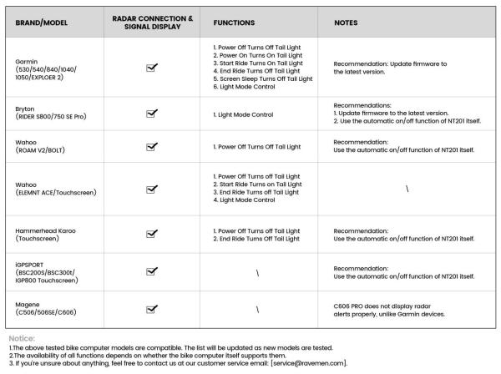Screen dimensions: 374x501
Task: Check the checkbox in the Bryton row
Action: click(x=152, y=114)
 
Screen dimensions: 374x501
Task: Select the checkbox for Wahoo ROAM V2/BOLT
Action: click(x=152, y=147)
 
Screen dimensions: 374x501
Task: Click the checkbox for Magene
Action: click(x=152, y=310)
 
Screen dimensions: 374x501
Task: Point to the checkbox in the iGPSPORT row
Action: click(x=152, y=271)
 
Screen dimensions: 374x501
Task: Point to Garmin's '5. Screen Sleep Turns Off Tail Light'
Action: click(x=262, y=78)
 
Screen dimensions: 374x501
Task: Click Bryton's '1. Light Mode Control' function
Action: click(x=245, y=114)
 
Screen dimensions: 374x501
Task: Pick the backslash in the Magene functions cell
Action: click(x=258, y=310)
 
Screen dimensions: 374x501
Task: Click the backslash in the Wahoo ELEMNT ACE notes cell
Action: click(x=407, y=189)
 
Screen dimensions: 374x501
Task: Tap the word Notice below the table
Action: click(x=23, y=339)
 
